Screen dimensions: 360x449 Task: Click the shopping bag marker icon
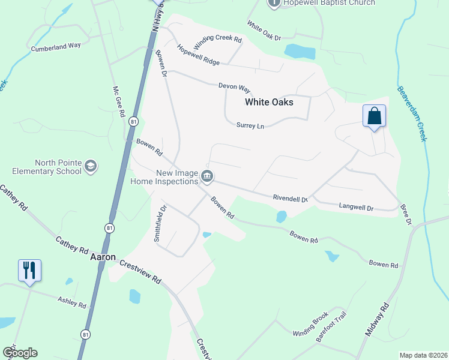pyautogui.click(x=374, y=115)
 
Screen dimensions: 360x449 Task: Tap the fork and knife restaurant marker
pyautogui.click(x=29, y=269)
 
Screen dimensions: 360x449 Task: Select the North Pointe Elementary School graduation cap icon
pyautogui.click(x=90, y=166)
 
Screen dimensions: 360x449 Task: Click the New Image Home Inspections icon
pyautogui.click(x=208, y=176)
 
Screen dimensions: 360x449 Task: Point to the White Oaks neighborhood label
pyautogui.click(x=269, y=103)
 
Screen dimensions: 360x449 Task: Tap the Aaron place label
pyautogui.click(x=102, y=257)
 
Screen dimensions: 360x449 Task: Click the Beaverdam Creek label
pyautogui.click(x=412, y=114)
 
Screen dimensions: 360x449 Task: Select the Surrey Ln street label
pyautogui.click(x=252, y=126)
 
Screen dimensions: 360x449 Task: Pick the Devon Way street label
pyautogui.click(x=234, y=86)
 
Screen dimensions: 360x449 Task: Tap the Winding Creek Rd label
pyautogui.click(x=217, y=43)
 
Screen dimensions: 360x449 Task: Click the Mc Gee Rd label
pyautogui.click(x=118, y=101)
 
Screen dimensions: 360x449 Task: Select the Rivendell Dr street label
pyautogui.click(x=290, y=199)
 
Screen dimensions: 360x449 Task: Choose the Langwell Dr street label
pyautogui.click(x=357, y=208)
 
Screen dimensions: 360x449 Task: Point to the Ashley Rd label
pyautogui.click(x=72, y=302)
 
